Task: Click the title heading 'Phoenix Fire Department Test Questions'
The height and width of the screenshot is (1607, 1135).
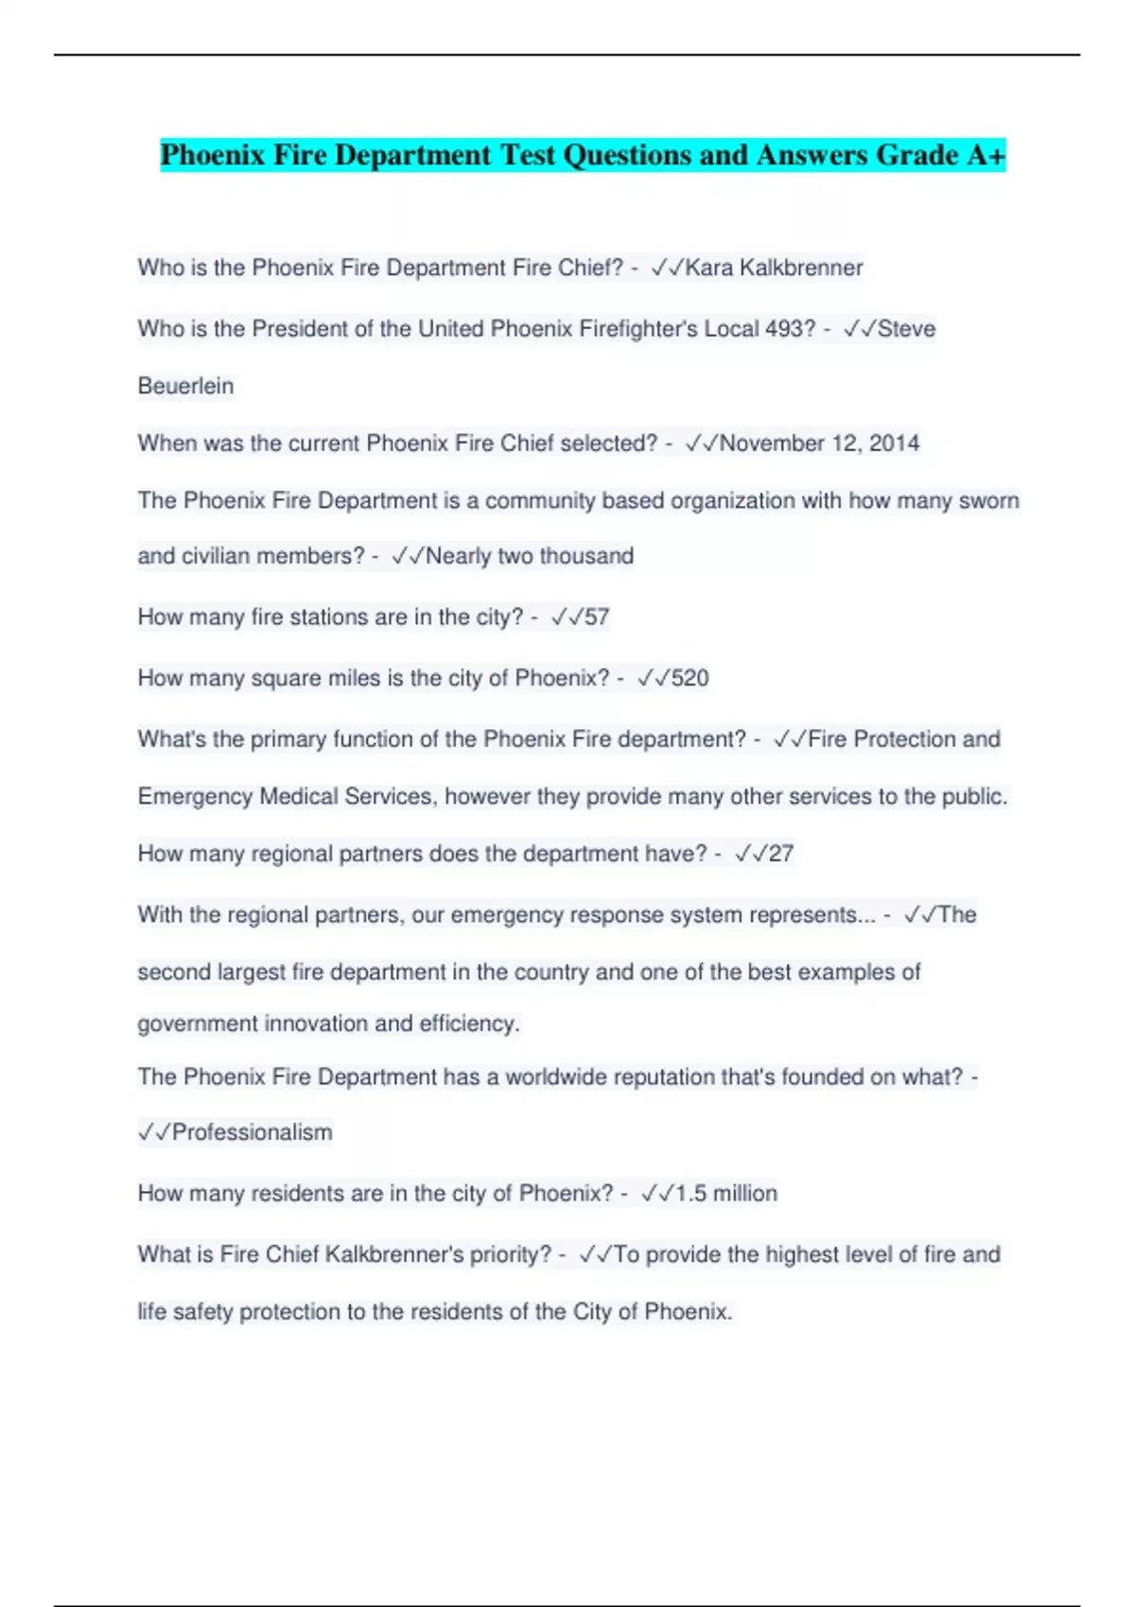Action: pyautogui.click(x=582, y=155)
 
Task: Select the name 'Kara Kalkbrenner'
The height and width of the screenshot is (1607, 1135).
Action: pyautogui.click(x=774, y=268)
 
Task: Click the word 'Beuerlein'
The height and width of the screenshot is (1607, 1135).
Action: pyautogui.click(x=185, y=386)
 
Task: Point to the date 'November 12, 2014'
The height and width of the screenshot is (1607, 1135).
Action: pyautogui.click(x=819, y=443)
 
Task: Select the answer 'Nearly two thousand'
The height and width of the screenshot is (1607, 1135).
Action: pyautogui.click(x=530, y=556)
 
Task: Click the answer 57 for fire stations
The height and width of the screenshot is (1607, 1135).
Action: pyautogui.click(x=597, y=617)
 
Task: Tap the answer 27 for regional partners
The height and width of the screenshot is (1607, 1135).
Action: pyautogui.click(x=780, y=854)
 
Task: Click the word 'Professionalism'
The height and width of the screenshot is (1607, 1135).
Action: pyautogui.click(x=252, y=1132)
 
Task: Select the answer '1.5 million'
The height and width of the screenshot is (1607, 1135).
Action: pyautogui.click(x=726, y=1194)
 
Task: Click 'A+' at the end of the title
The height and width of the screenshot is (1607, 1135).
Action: pyautogui.click(x=986, y=155)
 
